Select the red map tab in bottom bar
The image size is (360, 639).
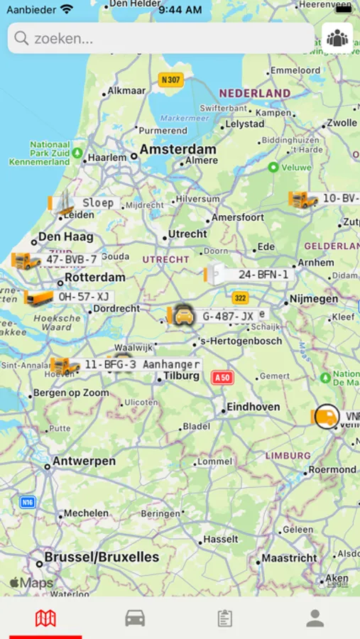45,618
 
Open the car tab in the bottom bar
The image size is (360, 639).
135,618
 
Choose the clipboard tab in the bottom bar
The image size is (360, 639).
224,618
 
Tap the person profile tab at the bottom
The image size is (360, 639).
315,618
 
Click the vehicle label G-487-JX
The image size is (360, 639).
227,317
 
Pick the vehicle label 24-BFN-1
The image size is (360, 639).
263,274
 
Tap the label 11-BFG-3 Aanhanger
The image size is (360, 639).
141,364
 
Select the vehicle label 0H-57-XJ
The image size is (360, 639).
84,297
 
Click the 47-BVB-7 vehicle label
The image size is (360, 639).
71,260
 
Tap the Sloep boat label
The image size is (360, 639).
97,203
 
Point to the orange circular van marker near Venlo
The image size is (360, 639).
326,416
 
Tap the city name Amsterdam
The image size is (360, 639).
178,150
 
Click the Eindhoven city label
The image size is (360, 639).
253,408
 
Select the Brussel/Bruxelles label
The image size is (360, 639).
101,557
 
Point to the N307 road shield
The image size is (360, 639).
171,80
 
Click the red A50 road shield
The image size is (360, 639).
222,378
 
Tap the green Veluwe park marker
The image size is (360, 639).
273,167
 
